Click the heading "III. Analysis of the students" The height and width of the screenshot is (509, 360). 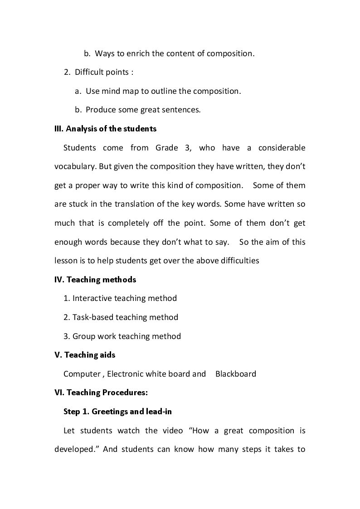(x=105, y=129)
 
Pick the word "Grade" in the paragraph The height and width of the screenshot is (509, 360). (x=168, y=148)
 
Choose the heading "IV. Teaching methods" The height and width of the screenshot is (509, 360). (x=95, y=280)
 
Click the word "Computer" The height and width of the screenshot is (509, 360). (x=82, y=374)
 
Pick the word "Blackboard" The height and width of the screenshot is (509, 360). (x=236, y=374)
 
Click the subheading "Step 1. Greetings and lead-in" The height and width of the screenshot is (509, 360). (x=117, y=412)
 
